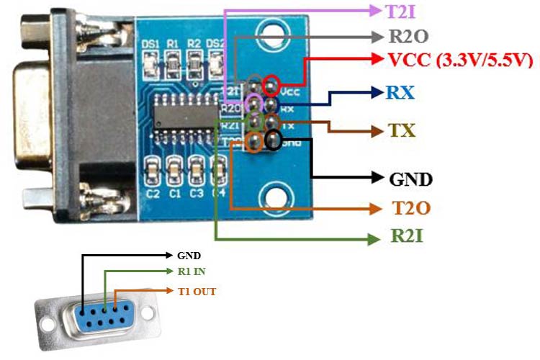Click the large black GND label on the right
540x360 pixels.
tap(410, 177)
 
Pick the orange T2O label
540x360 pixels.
tap(411, 209)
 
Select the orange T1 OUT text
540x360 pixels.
tap(197, 292)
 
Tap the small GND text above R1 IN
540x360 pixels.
tap(189, 255)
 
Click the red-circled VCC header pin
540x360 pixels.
tap(271, 85)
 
